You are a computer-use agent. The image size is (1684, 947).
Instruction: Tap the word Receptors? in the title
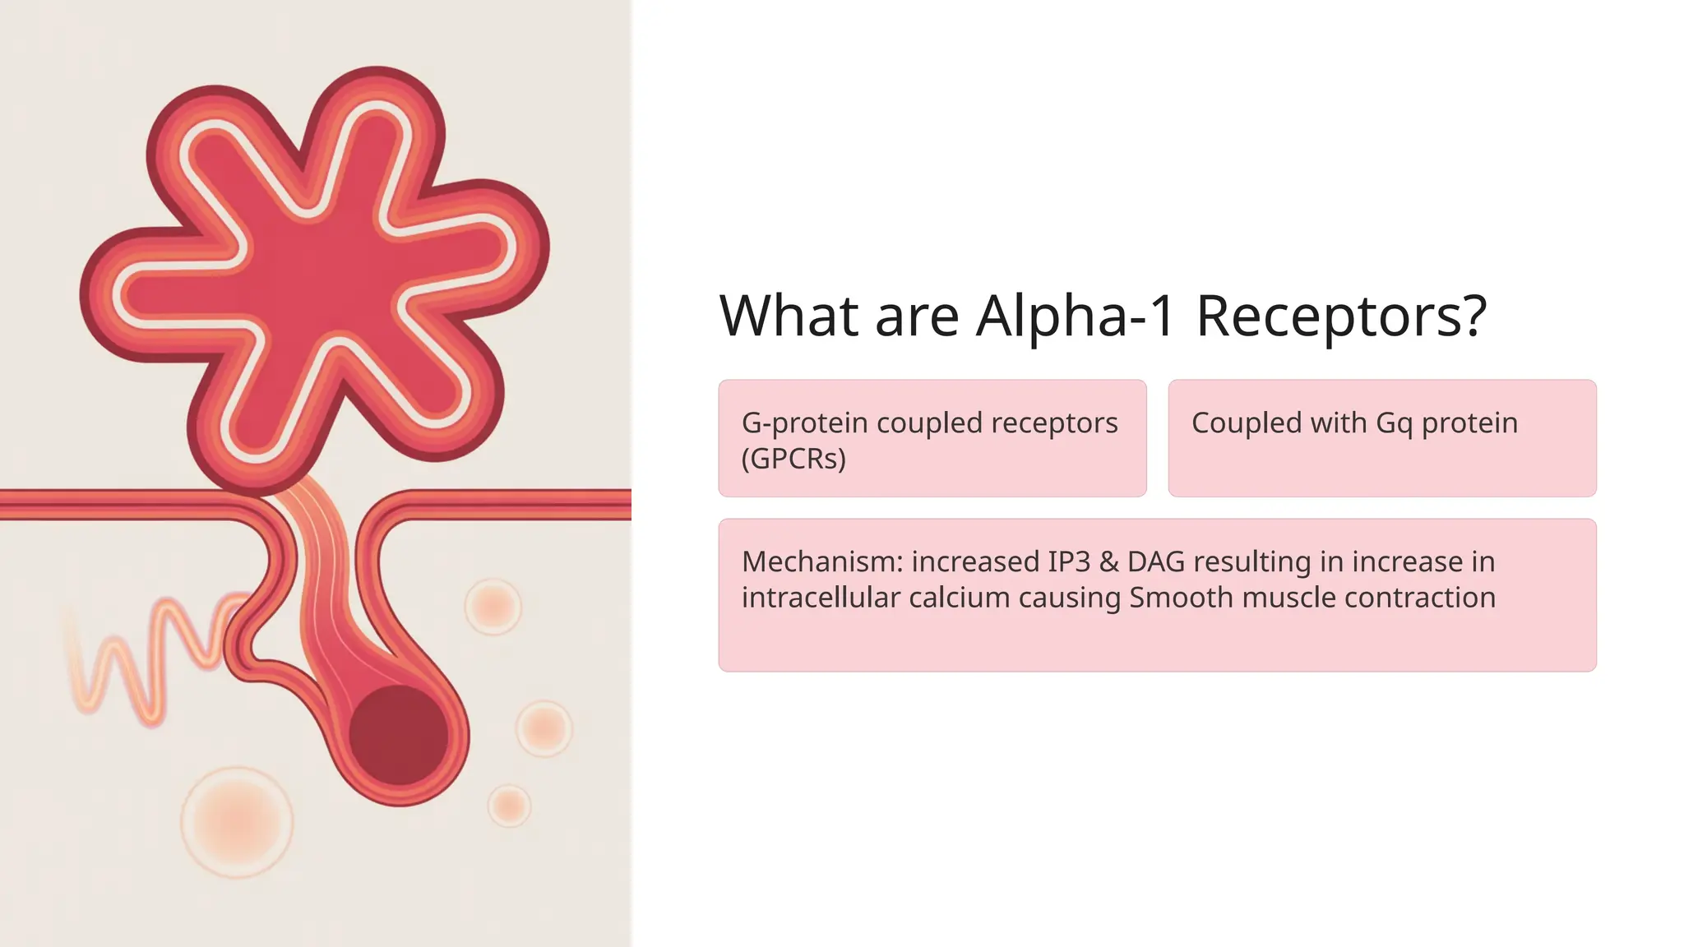click(x=1341, y=316)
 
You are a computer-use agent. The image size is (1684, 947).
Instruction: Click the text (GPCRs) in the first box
click(x=793, y=459)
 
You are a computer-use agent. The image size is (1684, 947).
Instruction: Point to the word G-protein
click(x=804, y=423)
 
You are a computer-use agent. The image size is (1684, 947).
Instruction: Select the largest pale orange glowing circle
click(x=237, y=822)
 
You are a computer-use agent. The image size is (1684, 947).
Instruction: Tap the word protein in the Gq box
click(x=1469, y=423)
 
